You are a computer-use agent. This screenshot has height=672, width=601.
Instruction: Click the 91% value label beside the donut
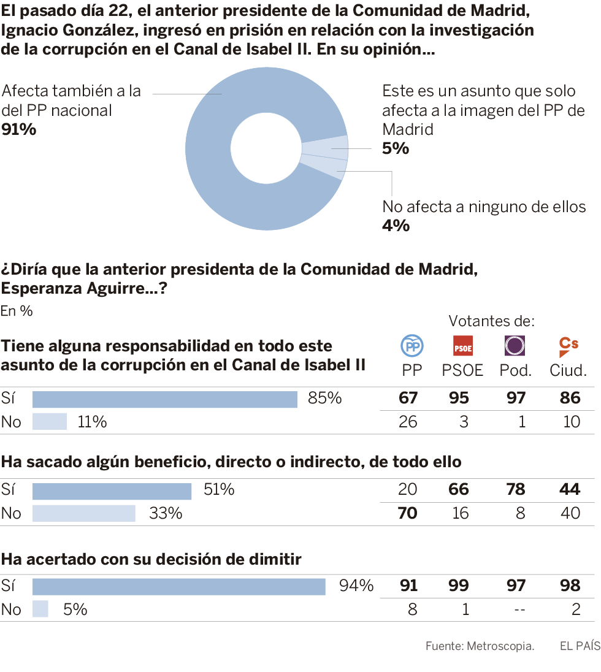tap(19, 129)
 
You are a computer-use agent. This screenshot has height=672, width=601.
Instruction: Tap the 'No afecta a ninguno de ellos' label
tap(484, 207)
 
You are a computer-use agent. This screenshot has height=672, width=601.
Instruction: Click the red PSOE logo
tap(462, 346)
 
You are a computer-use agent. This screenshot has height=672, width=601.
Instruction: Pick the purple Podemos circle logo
tap(515, 346)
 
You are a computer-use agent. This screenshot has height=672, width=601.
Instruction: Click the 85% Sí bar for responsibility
tap(164, 399)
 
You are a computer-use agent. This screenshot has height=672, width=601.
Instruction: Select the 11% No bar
tap(49, 422)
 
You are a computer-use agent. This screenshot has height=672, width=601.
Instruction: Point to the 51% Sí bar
tap(112, 491)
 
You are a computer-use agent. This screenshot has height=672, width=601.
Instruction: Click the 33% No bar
tap(83, 513)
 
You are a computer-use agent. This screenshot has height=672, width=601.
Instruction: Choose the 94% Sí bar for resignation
tap(178, 586)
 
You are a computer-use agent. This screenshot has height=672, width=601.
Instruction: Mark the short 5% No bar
tap(40, 609)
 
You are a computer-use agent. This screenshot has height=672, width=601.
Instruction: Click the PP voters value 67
tap(408, 399)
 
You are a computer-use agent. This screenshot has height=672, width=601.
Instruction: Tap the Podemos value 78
tap(516, 489)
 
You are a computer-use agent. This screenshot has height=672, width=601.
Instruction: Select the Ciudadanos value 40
tap(570, 513)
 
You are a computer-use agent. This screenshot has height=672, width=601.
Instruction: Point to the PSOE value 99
tap(459, 586)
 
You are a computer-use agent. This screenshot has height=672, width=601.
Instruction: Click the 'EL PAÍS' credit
tap(580, 646)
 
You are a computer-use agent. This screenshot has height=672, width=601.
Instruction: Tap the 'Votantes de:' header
tap(491, 321)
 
